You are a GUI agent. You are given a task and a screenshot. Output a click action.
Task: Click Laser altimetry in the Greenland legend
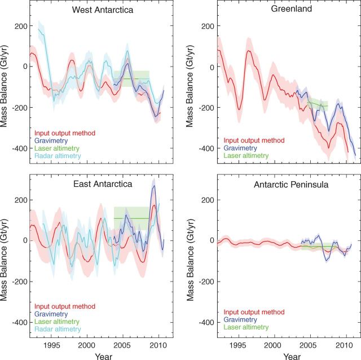pyautogui.click(x=246, y=156)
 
